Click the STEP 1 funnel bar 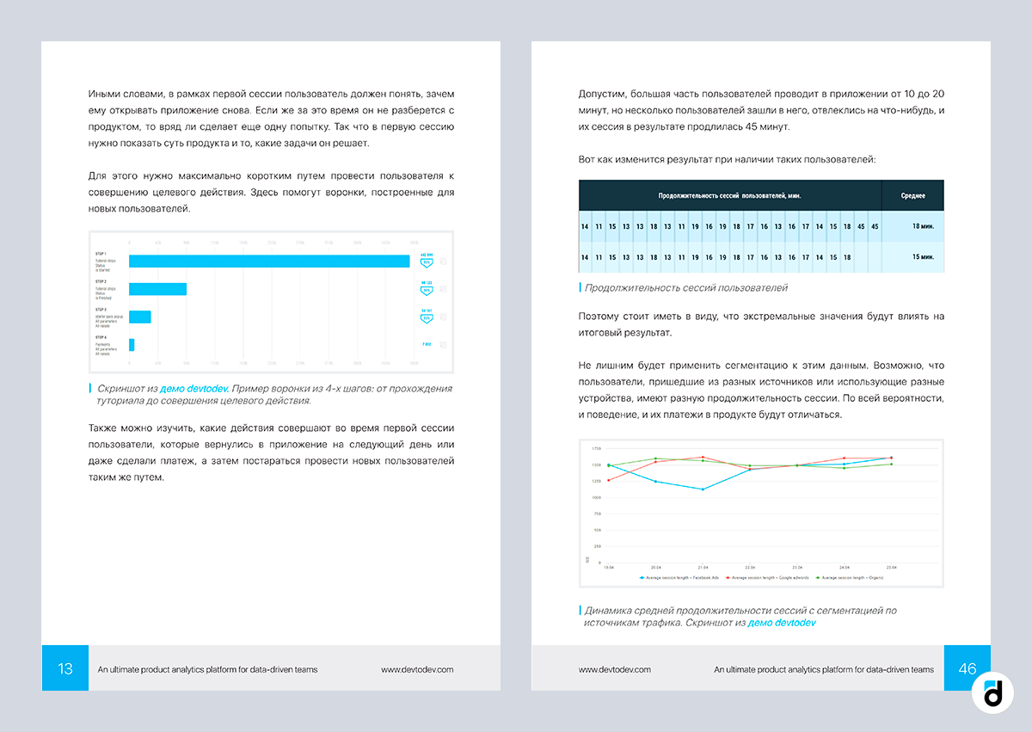(x=269, y=261)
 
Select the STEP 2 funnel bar (x=157, y=289)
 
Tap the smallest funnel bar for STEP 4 (x=132, y=345)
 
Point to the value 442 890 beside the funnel (x=426, y=255)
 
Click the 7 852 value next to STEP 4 (x=426, y=345)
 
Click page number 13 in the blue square (x=65, y=668)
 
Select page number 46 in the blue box (x=967, y=668)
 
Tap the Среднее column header (x=912, y=196)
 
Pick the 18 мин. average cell (x=912, y=226)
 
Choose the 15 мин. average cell (x=912, y=257)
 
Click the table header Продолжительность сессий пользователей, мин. (x=730, y=196)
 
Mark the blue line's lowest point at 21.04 (x=703, y=489)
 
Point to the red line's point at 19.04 (x=608, y=480)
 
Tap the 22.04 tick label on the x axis (x=750, y=568)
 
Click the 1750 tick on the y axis (x=596, y=449)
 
